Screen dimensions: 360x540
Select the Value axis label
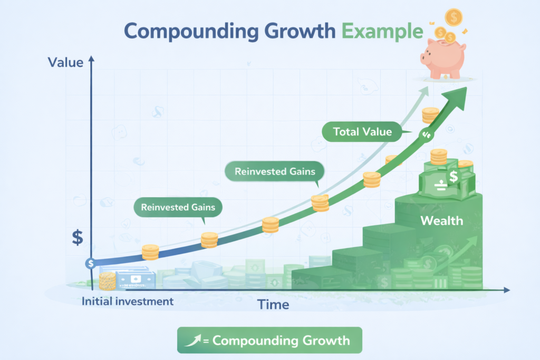pos(65,62)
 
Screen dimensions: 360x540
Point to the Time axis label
pos(273,304)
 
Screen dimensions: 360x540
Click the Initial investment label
pos(128,301)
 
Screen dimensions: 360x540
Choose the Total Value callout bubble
pos(363,132)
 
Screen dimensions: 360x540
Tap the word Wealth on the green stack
pos(441,220)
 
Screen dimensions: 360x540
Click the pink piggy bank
pos(442,59)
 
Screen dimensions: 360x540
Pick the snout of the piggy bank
pos(426,57)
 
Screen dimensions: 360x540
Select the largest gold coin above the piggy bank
pos(454,17)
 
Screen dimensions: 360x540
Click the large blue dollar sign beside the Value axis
pos(78,237)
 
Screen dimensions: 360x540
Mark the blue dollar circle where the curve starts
pos(91,263)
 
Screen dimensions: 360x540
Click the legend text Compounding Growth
pos(281,340)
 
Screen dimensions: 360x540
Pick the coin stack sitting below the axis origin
pos(107,280)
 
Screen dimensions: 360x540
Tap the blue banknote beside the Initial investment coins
pos(136,279)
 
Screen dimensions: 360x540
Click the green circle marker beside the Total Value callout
pos(426,135)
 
